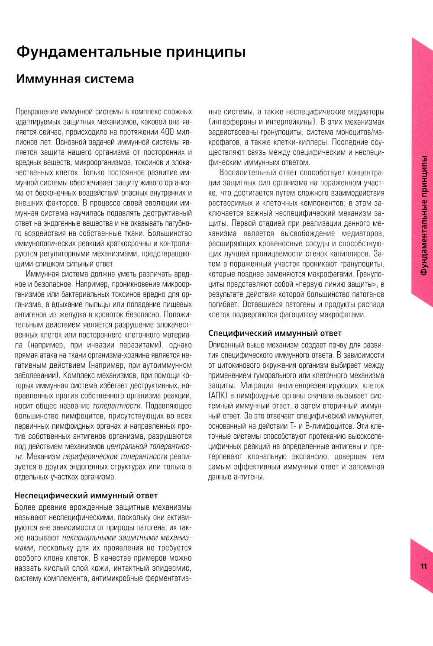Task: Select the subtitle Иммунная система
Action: (74, 79)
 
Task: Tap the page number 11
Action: (423, 566)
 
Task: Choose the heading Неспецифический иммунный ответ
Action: (86, 495)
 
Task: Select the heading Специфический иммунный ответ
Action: (275, 333)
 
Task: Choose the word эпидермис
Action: (174, 568)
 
